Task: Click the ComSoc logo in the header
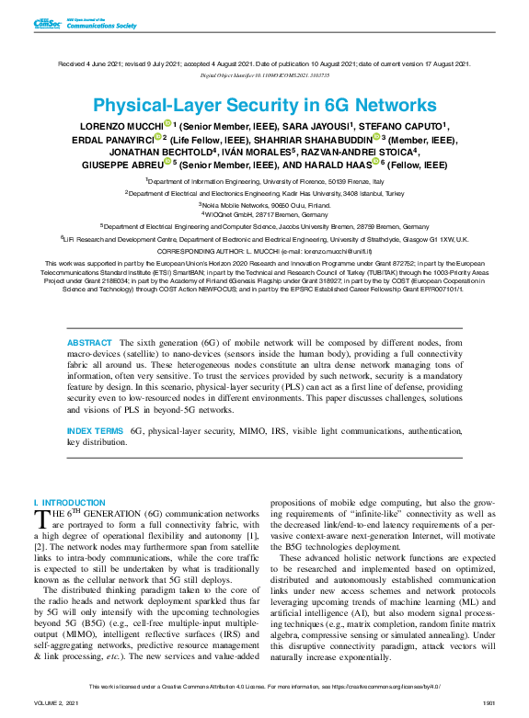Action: [x=46, y=23]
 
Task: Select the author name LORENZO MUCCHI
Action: [x=122, y=126]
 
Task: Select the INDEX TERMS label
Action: [x=95, y=430]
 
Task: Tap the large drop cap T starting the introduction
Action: [x=40, y=520]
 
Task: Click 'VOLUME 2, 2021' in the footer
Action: [x=56, y=702]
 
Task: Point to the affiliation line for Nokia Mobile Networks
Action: [x=264, y=204]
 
